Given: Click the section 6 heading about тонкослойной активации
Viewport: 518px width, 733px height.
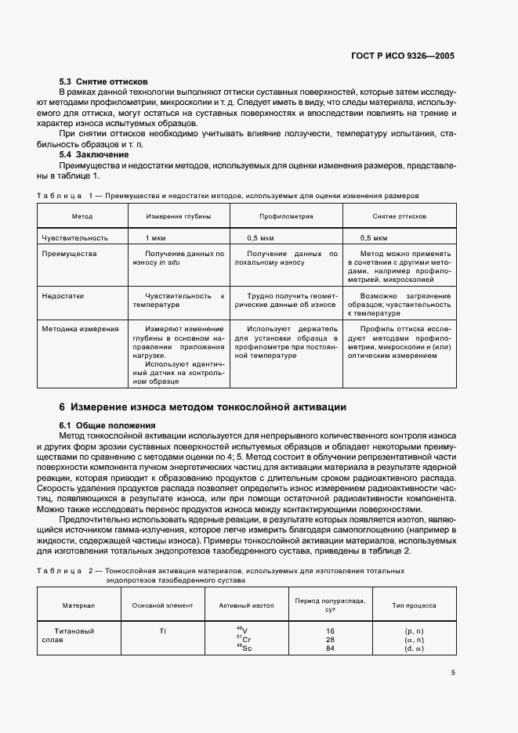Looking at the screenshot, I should pos(202,407).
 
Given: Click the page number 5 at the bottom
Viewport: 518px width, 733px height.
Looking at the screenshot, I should pos(453,672).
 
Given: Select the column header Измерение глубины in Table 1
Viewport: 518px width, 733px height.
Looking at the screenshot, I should pos(179,215).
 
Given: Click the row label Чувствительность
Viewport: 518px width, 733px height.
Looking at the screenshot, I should pos(74,237).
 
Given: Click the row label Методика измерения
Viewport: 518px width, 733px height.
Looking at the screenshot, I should pos(80,329).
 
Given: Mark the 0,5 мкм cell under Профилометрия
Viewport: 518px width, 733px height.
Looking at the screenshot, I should pos(260,237).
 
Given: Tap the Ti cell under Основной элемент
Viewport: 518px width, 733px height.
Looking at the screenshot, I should pos(163,630).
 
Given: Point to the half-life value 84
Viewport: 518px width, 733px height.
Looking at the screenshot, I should pos(330,648).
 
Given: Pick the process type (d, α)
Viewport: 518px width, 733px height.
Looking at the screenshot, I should pos(414,648).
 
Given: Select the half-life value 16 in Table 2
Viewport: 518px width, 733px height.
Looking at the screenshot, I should pos(330,630).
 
